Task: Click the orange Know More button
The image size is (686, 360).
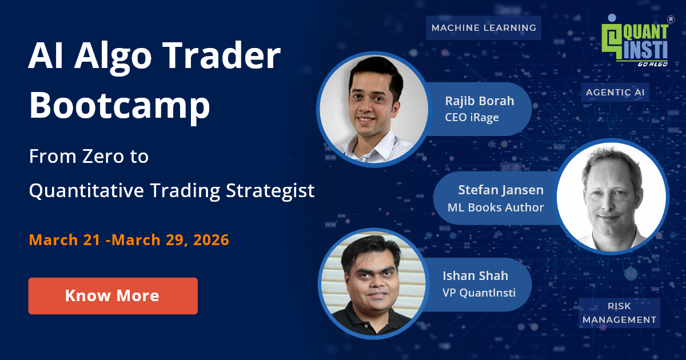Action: coord(113,295)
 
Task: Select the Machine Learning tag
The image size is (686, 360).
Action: coord(484,27)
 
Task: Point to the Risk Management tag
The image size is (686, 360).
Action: coord(619,313)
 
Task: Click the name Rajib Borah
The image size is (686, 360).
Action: coord(479,101)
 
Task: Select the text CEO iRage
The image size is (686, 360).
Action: coord(472,117)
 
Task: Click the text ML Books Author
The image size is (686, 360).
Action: coord(495,207)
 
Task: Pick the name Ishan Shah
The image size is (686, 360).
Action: coord(475,275)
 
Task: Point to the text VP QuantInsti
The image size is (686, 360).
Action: coord(478,293)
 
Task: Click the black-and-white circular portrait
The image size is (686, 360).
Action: coord(611,196)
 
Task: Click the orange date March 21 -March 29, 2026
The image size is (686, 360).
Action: coord(129,240)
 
